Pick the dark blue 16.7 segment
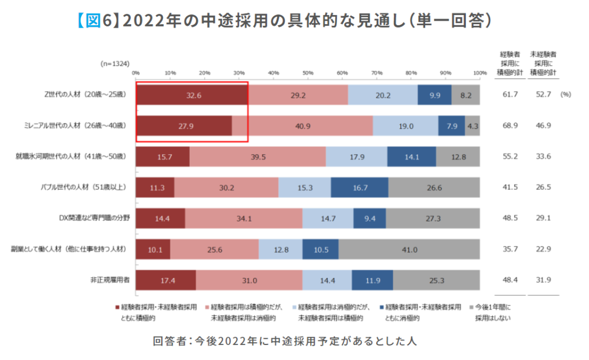point(359,187)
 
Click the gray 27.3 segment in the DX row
point(433,218)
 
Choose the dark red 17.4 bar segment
point(166,280)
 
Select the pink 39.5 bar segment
point(258,156)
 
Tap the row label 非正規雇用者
point(109,280)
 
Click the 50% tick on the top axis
point(308,73)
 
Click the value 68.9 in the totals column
point(510,125)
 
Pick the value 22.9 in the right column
point(543,249)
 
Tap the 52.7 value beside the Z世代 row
point(543,94)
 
